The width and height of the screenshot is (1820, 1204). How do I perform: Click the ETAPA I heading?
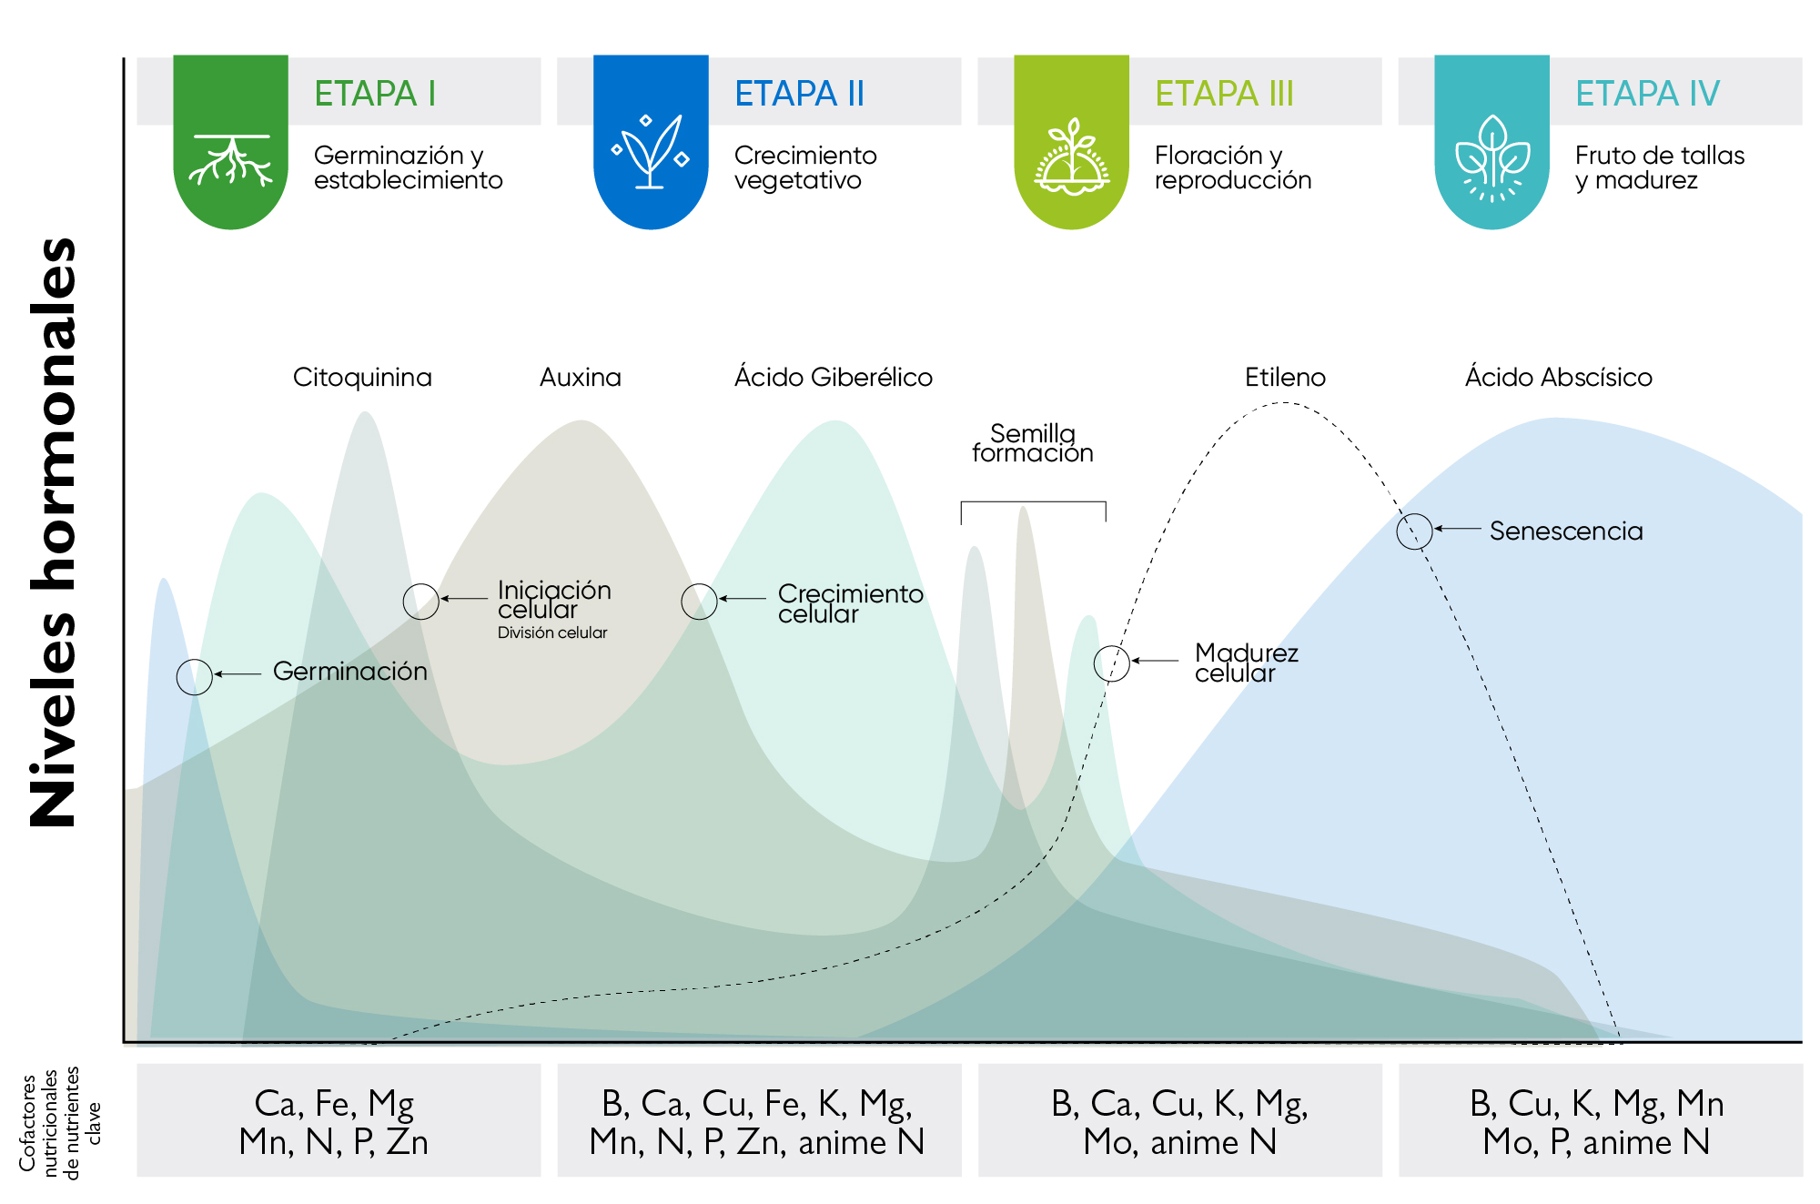(375, 93)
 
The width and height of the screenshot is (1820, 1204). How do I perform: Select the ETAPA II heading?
(799, 93)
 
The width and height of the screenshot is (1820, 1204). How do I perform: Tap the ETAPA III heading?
(1224, 93)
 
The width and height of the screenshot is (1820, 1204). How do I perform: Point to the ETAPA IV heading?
(1647, 93)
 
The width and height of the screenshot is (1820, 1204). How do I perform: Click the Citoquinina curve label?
(362, 377)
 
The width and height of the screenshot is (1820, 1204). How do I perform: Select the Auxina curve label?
(581, 377)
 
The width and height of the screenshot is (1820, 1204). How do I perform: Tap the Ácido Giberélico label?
(834, 377)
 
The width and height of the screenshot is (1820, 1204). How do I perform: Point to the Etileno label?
(1285, 377)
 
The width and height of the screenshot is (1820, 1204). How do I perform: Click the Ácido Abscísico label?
(1559, 377)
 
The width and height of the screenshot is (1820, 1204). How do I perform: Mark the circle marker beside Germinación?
(194, 676)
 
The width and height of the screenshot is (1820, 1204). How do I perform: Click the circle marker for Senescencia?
(1414, 531)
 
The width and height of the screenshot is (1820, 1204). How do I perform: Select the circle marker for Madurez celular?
(1111, 663)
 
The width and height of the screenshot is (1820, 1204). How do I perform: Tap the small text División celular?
(552, 632)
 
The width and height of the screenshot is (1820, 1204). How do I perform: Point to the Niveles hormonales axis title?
(53, 532)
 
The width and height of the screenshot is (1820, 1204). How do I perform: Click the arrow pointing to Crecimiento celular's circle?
(743, 599)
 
